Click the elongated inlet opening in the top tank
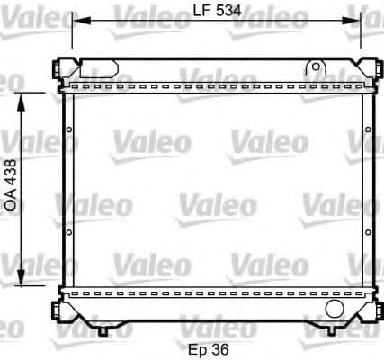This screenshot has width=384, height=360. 99,67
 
